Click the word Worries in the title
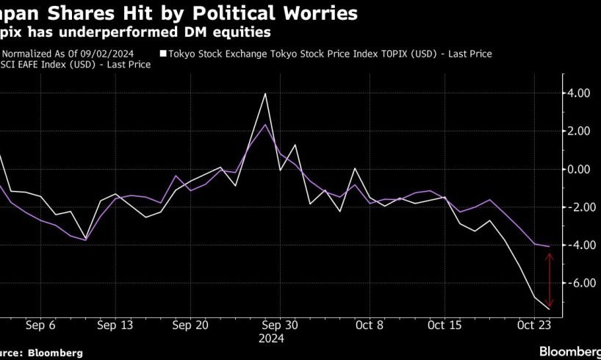(324, 13)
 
